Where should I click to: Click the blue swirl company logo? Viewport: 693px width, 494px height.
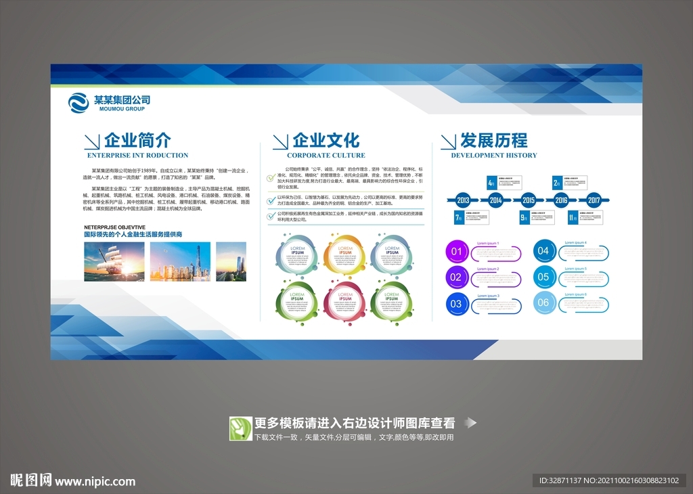pyautogui.click(x=79, y=103)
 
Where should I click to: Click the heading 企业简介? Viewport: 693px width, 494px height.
pyautogui.click(x=137, y=141)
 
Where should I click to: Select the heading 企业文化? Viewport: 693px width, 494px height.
pyautogui.click(x=326, y=141)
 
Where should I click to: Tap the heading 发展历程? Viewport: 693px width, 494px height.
pyautogui.click(x=494, y=140)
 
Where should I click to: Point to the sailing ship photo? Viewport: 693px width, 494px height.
pyautogui.click(x=114, y=261)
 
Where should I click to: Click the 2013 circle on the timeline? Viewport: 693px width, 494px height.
pyautogui.click(x=463, y=200)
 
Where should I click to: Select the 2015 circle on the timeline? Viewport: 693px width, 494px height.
pyautogui.click(x=529, y=200)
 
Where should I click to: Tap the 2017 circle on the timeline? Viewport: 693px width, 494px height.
pyautogui.click(x=594, y=200)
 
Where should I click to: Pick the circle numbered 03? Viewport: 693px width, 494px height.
pyautogui.click(x=456, y=304)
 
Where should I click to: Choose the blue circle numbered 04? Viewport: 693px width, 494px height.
pyautogui.click(x=543, y=251)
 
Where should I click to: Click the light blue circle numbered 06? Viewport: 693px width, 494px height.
pyautogui.click(x=543, y=302)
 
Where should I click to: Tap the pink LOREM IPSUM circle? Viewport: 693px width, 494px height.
pyautogui.click(x=345, y=300)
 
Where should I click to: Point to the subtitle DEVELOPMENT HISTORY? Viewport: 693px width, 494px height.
pyautogui.click(x=494, y=156)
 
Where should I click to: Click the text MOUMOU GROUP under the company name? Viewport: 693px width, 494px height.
pyautogui.click(x=122, y=109)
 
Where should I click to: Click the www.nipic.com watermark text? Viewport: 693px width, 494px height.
pyautogui.click(x=95, y=482)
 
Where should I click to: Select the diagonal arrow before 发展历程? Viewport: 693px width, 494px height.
pyautogui.click(x=448, y=141)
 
